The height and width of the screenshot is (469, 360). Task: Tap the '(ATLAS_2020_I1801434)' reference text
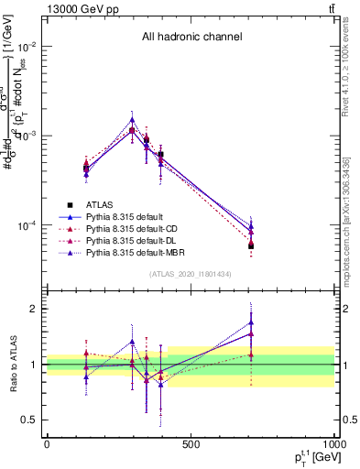(x=191, y=274)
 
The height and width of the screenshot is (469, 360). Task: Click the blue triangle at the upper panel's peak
(x=133, y=119)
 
